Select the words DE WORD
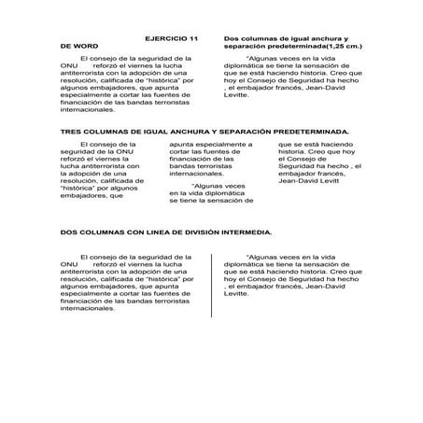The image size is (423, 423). (x=78, y=45)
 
